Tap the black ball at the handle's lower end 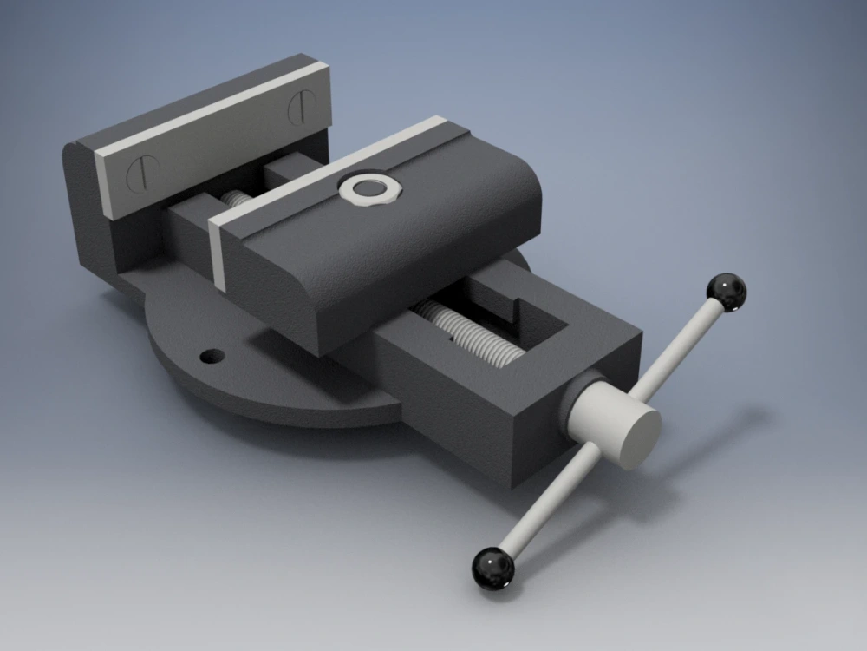coord(492,569)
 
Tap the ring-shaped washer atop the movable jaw coord(371,187)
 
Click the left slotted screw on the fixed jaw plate coord(140,174)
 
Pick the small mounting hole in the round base coord(211,356)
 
